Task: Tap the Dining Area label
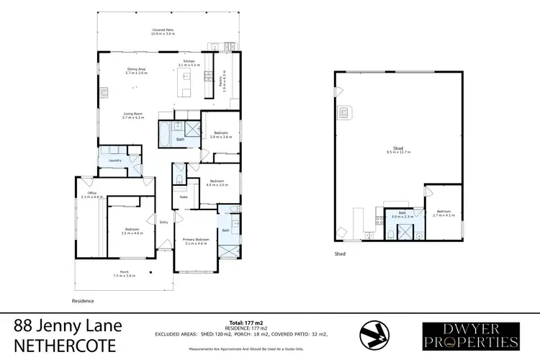pyautogui.click(x=137, y=71)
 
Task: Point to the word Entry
pyautogui.click(x=163, y=222)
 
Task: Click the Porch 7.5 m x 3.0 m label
pyautogui.click(x=124, y=274)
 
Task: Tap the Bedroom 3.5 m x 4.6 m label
pyautogui.click(x=132, y=232)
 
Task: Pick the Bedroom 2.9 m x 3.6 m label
pyautogui.click(x=221, y=135)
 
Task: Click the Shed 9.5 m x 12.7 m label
pyautogui.click(x=397, y=153)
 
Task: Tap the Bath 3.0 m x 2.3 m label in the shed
pyautogui.click(x=399, y=215)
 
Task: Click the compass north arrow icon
pyautogui.click(x=373, y=333)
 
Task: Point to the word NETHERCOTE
pyautogui.click(x=64, y=345)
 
